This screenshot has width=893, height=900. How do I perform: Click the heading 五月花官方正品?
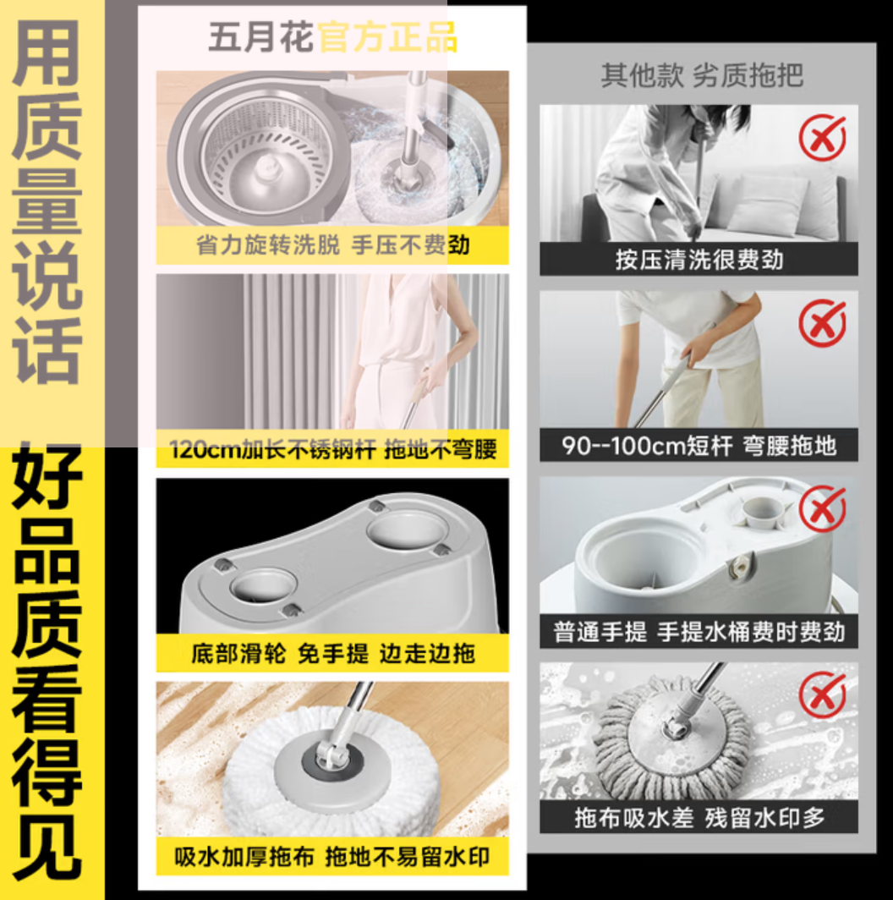333,37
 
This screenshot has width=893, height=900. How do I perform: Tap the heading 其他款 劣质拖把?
702,75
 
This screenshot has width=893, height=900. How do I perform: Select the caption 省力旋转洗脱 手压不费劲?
333,245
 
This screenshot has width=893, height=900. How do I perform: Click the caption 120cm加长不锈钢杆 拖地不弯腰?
333,449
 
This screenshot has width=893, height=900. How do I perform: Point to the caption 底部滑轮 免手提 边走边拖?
333,653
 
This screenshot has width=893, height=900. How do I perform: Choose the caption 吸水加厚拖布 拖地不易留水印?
332,857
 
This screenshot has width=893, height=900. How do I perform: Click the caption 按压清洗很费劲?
699,260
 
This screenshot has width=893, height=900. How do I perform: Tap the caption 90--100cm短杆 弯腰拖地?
699,446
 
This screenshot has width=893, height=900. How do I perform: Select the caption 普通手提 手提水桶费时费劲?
699,632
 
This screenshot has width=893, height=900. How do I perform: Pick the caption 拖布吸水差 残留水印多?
699,817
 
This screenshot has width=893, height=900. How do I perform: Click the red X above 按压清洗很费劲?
823,138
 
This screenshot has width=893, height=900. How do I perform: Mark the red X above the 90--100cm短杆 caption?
823,323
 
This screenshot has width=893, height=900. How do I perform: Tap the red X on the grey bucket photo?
823,510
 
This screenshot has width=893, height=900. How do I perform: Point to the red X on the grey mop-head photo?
823,695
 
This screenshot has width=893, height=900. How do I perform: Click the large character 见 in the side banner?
47,847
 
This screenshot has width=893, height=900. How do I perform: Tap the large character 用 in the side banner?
47,52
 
